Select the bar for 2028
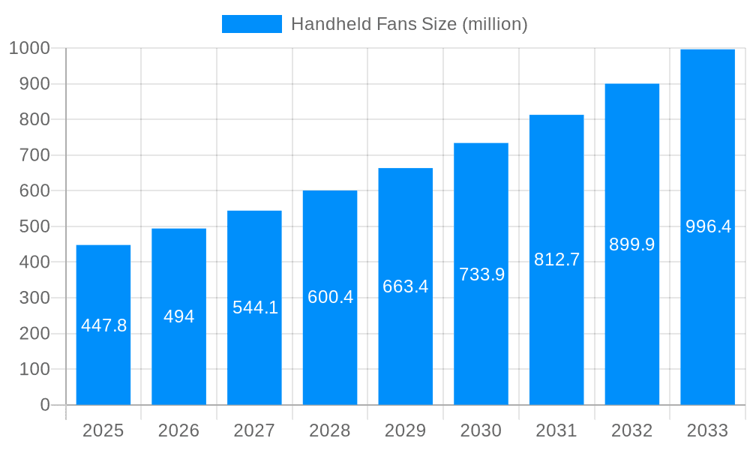click(x=330, y=352)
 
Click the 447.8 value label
click(x=103, y=325)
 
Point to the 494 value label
click(x=178, y=316)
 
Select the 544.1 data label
click(x=255, y=307)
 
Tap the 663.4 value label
click(x=405, y=286)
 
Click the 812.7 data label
click(x=556, y=259)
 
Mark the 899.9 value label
click(x=631, y=244)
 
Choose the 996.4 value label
click(x=708, y=226)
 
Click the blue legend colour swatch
click(x=252, y=24)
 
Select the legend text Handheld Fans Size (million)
click(x=409, y=24)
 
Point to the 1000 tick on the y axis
click(x=29, y=48)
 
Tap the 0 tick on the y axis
click(x=45, y=405)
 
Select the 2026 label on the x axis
click(x=178, y=430)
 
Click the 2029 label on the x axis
click(x=405, y=430)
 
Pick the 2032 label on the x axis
click(x=631, y=430)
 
